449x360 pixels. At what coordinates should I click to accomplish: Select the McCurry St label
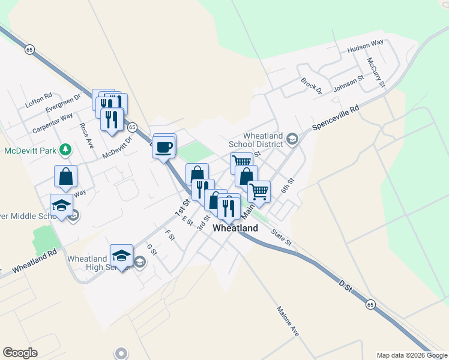coord(376,72)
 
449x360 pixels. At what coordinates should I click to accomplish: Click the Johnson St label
coord(349,83)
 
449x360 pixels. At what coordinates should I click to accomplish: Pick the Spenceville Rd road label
coord(336,119)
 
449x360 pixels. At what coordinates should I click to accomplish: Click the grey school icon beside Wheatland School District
coord(292,140)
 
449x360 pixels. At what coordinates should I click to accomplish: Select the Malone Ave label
coord(288,322)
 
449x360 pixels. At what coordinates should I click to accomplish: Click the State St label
coord(280,238)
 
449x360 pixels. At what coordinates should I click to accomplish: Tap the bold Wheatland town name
coord(236,228)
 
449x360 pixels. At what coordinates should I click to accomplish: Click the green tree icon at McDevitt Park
coord(68,149)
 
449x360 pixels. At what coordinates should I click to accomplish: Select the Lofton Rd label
coord(39,100)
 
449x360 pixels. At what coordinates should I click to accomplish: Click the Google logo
coord(20,353)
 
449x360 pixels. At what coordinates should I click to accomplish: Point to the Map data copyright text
coord(412,355)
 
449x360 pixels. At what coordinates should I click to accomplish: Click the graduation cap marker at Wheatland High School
coord(122,256)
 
